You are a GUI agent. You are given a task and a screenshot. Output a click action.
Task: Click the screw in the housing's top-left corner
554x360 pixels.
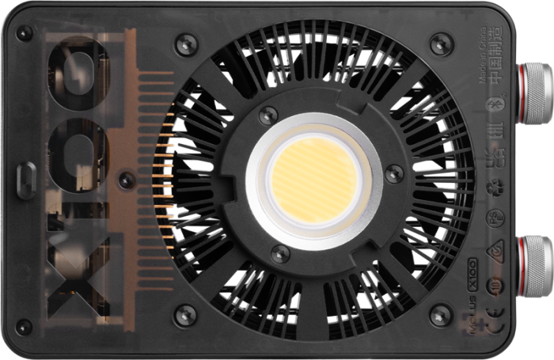(x=25, y=33)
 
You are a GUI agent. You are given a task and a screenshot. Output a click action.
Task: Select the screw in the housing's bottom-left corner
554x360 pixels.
(x=25, y=326)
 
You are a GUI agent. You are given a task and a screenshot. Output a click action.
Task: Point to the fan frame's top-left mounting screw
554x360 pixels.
(x=187, y=44)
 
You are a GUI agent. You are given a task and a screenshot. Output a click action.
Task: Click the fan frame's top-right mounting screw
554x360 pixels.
(x=441, y=44)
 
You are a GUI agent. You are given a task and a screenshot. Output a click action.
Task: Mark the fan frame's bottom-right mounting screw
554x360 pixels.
(x=441, y=315)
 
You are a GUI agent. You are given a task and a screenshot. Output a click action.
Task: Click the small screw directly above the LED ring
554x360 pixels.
(x=269, y=116)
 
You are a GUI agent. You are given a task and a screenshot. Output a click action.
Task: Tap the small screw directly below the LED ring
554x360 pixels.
(x=280, y=254)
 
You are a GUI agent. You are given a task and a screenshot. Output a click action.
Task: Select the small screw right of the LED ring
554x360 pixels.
(x=393, y=173)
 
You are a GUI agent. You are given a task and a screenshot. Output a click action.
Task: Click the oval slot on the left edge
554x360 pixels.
(x=26, y=180)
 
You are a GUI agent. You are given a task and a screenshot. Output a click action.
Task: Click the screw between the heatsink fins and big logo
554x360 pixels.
(x=126, y=180)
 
